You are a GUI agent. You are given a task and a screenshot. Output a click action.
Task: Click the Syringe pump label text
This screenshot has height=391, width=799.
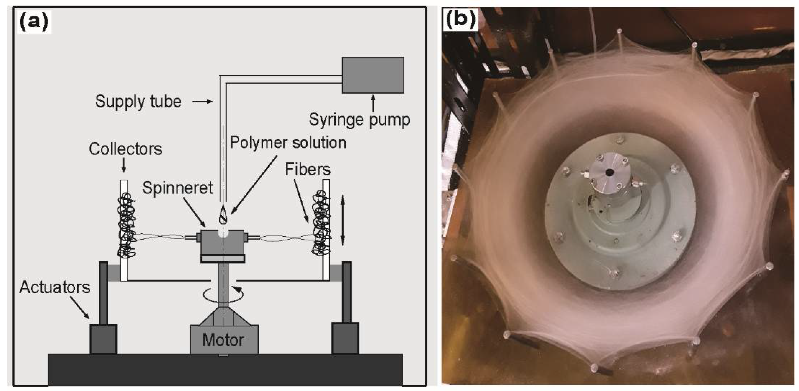coord(359,120)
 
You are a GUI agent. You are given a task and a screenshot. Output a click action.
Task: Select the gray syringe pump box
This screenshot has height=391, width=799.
coord(373,75)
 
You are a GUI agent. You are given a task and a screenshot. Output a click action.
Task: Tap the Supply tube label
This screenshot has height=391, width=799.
coord(138,102)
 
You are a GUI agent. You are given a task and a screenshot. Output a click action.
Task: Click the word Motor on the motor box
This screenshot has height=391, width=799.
coord(223,340)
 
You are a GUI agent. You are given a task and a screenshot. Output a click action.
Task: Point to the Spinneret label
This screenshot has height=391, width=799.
coord(177,188)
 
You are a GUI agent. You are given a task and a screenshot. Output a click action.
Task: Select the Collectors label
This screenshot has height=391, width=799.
coord(125,149)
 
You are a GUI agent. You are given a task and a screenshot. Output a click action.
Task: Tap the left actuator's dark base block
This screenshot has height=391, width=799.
coord(103,339)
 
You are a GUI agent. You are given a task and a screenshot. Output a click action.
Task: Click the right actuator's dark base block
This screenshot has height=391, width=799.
coord(345,338)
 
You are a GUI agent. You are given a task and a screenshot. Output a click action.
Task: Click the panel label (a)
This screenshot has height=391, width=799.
coord(34,22)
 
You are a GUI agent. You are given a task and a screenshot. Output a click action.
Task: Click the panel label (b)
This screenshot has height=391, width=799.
coord(460,20)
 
